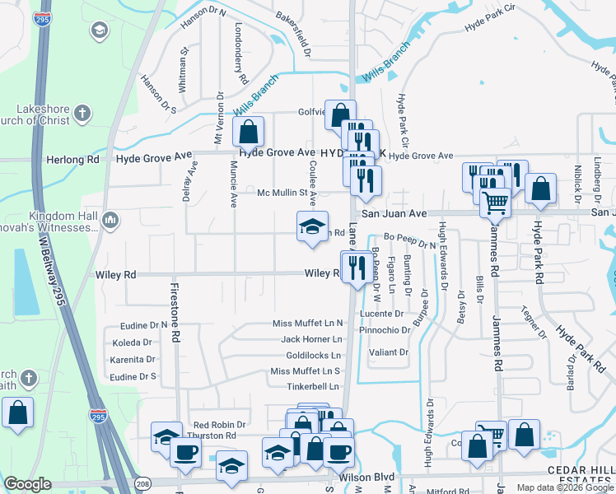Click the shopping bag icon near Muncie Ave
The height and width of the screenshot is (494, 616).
[248, 132]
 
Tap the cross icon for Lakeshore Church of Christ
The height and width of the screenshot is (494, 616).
[82, 111]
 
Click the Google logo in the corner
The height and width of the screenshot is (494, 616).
[28, 484]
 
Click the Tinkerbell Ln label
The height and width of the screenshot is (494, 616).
[312, 387]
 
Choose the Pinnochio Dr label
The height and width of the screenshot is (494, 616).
[384, 330]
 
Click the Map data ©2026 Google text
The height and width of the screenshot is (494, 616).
[564, 487]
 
